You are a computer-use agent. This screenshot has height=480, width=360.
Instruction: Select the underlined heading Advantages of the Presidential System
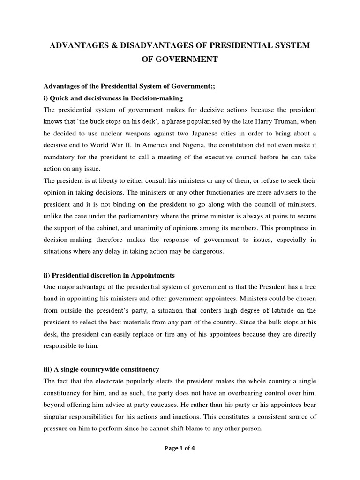[129, 86]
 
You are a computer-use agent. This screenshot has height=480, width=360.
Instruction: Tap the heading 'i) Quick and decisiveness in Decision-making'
[113, 98]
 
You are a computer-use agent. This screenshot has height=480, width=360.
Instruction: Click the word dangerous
[209, 251]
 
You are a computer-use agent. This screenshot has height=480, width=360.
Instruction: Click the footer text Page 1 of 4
[180, 461]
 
